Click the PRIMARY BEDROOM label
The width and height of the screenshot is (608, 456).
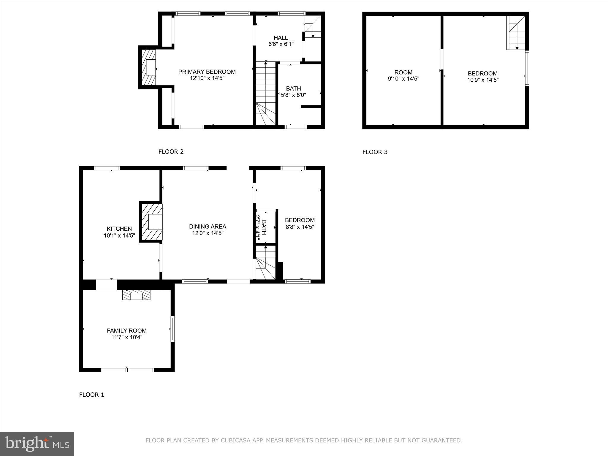click(207, 72)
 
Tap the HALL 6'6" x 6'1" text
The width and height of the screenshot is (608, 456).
click(281, 41)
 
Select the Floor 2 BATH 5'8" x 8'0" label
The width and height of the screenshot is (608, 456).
click(293, 92)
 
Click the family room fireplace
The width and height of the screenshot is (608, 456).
click(137, 295)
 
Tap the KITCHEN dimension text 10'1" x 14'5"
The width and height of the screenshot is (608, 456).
click(119, 235)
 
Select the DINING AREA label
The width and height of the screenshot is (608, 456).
click(208, 227)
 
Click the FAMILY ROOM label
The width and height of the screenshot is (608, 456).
click(127, 330)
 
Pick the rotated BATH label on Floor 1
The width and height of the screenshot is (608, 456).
click(261, 227)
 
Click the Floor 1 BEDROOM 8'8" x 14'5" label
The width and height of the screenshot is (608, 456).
click(300, 223)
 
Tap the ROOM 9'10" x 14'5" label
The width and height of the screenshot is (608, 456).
click(403, 75)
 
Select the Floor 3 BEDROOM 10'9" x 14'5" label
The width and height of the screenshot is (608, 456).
click(483, 76)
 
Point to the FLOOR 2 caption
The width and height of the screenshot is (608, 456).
click(171, 152)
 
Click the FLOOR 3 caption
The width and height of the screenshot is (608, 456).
click(375, 152)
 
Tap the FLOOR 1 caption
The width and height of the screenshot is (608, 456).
click(91, 395)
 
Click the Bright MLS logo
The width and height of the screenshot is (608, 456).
click(37, 444)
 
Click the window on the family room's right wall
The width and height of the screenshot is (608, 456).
click(172, 329)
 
